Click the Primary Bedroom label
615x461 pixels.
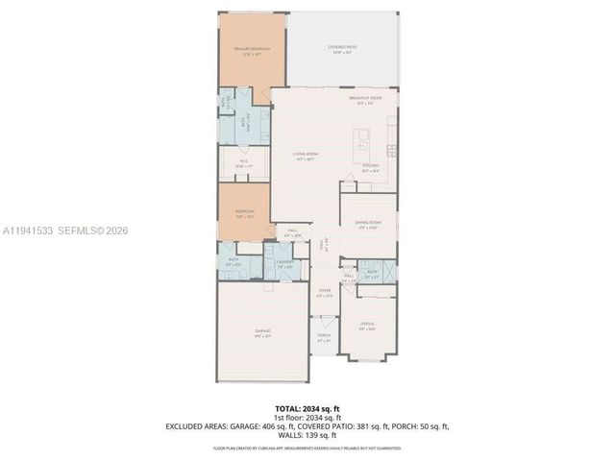click(253, 49)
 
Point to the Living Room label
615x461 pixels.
click(306, 156)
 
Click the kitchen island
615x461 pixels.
click(364, 148)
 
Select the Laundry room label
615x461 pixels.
click(283, 262)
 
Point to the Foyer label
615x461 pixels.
click(325, 292)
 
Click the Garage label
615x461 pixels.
click(262, 331)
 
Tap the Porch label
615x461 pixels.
click(324, 338)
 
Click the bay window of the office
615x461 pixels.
click(368, 361)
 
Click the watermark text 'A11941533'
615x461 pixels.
click(30, 230)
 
